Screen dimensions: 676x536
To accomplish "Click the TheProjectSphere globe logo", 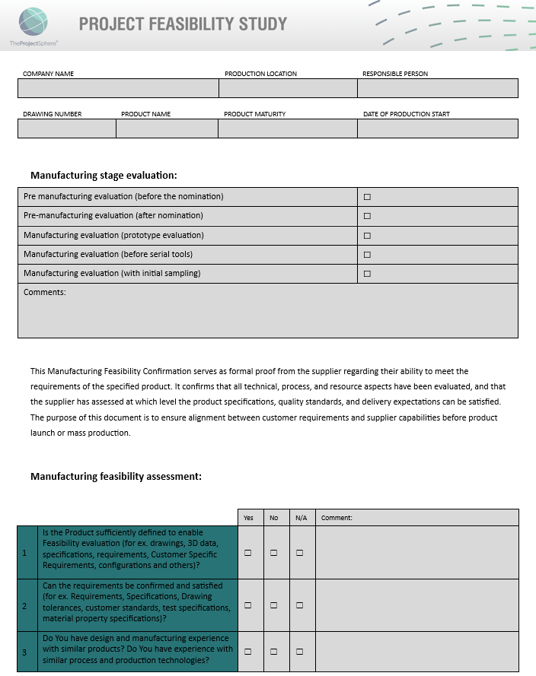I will [33, 22].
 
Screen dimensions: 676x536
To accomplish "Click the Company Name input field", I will [118, 88].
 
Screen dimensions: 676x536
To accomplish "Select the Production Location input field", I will [288, 88].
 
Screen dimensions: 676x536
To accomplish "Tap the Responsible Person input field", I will [438, 88].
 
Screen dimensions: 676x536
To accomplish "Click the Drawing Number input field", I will [67, 129].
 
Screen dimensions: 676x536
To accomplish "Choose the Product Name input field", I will [167, 129].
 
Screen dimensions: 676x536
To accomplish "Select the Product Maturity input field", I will [288, 129].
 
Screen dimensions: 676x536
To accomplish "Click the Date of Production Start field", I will [438, 129].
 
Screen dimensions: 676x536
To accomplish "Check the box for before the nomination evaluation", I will [367, 197].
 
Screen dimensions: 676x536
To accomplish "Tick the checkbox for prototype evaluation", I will [367, 236].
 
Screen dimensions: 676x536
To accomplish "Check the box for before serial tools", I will [367, 255].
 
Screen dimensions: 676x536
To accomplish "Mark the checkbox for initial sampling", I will [367, 274].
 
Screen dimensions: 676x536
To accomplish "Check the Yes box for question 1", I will [248, 553].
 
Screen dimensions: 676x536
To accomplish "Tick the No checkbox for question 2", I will [274, 606].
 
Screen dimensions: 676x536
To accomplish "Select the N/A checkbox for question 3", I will [300, 652].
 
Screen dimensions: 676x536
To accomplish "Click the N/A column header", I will [301, 518].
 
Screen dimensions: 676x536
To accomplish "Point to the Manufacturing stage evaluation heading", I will [104, 176].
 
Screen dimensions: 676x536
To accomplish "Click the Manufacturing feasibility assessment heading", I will [116, 477].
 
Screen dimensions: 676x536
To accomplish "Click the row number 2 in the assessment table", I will [25, 606].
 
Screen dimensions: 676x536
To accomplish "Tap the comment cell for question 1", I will [416, 553].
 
